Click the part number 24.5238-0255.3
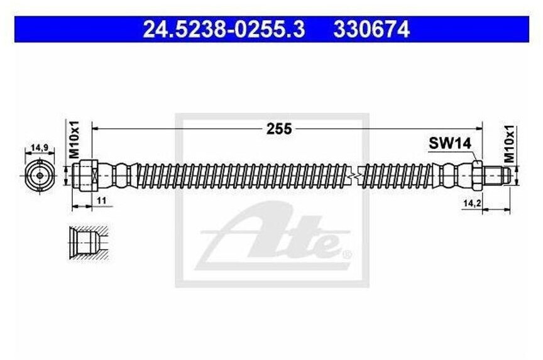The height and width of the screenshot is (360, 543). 224,29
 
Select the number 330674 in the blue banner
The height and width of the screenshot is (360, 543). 371,29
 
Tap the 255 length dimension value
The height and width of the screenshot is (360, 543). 279,129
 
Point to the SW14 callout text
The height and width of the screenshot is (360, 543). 450,143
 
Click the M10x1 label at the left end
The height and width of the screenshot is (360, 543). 74,139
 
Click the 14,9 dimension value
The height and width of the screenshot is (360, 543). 40,148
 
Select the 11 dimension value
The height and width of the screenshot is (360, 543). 101,200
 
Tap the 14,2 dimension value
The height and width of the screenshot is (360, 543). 473,204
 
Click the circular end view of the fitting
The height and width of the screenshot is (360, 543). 40,175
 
